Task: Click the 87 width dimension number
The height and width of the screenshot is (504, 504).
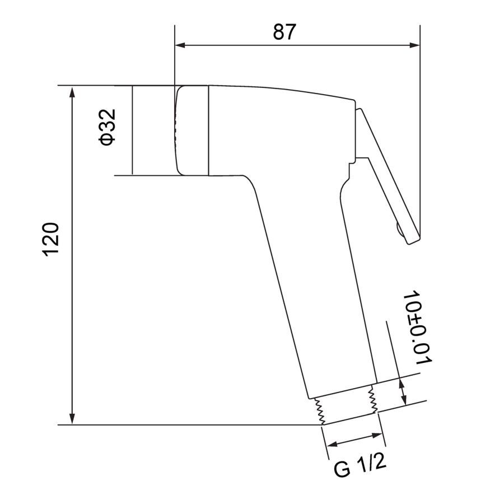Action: pyautogui.click(x=284, y=32)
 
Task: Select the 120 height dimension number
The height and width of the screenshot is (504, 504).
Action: pyautogui.click(x=51, y=239)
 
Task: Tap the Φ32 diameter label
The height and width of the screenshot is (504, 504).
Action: pyautogui.click(x=107, y=127)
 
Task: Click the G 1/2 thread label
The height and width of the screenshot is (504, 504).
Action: pyautogui.click(x=360, y=466)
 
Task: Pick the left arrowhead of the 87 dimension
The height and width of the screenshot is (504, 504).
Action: pyautogui.click(x=180, y=45)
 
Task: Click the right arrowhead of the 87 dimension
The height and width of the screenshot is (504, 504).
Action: pyautogui.click(x=414, y=45)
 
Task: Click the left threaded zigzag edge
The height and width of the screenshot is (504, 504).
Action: pyautogui.click(x=319, y=412)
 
